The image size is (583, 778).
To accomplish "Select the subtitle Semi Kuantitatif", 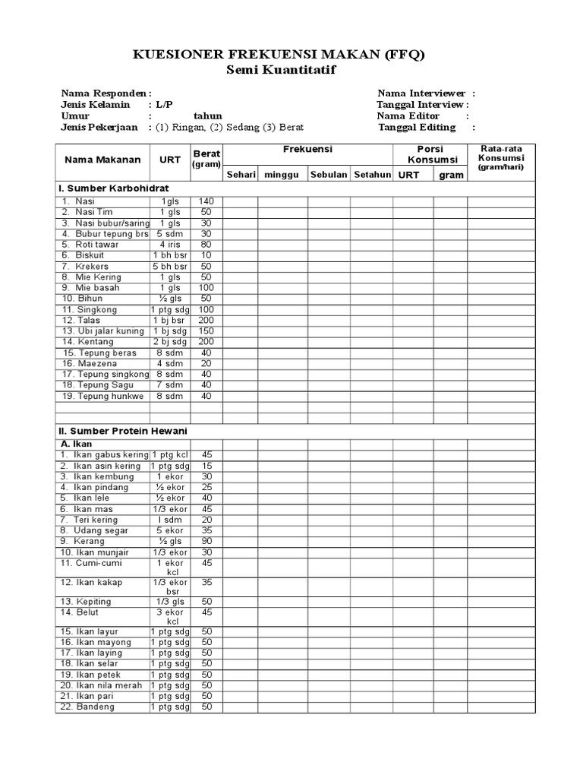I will coord(281,70).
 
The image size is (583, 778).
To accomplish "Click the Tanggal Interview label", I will coord(421,104).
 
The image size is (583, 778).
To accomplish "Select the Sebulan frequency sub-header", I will coord(329,175).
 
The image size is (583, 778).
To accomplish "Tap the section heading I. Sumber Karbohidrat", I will coord(113,188).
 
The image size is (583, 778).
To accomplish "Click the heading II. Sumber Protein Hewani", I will coord(122,431).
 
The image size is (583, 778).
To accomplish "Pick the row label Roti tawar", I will coord(92,245).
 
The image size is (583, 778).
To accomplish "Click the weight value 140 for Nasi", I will coord(206,201).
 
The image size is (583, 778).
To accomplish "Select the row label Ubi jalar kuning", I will coord(102,331).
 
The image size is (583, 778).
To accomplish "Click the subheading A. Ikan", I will coord(77,444).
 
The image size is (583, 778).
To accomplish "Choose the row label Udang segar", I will coord(97,530).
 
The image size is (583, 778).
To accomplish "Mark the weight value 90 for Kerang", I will coord(206,541).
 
